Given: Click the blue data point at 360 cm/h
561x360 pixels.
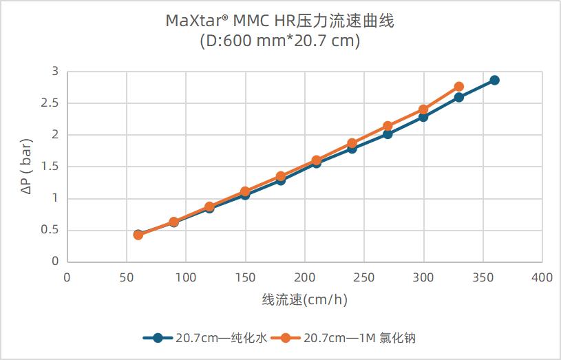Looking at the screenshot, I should [x=494, y=81].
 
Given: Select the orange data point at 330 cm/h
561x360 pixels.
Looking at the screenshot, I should [x=459, y=87].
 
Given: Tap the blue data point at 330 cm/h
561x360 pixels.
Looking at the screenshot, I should [x=459, y=97].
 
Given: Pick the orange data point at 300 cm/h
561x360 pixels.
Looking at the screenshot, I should [x=423, y=109].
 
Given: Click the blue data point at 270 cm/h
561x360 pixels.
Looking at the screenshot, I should [x=388, y=134].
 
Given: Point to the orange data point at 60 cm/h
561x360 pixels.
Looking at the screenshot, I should [x=138, y=235].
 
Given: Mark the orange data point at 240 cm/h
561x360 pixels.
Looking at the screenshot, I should [x=352, y=143].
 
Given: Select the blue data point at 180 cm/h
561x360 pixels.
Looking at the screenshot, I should [x=281, y=180].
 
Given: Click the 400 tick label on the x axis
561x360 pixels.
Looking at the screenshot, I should [x=542, y=277].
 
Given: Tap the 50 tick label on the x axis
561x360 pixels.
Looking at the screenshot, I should [x=127, y=277].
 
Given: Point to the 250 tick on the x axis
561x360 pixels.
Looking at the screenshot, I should [x=364, y=277].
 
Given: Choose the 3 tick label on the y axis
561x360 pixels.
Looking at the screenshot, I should [x=55, y=72].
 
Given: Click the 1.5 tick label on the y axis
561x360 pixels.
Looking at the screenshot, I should [x=50, y=167].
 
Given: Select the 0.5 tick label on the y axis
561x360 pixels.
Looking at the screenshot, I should [x=50, y=230].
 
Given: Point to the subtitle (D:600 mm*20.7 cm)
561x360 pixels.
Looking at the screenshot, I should [x=280, y=41].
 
